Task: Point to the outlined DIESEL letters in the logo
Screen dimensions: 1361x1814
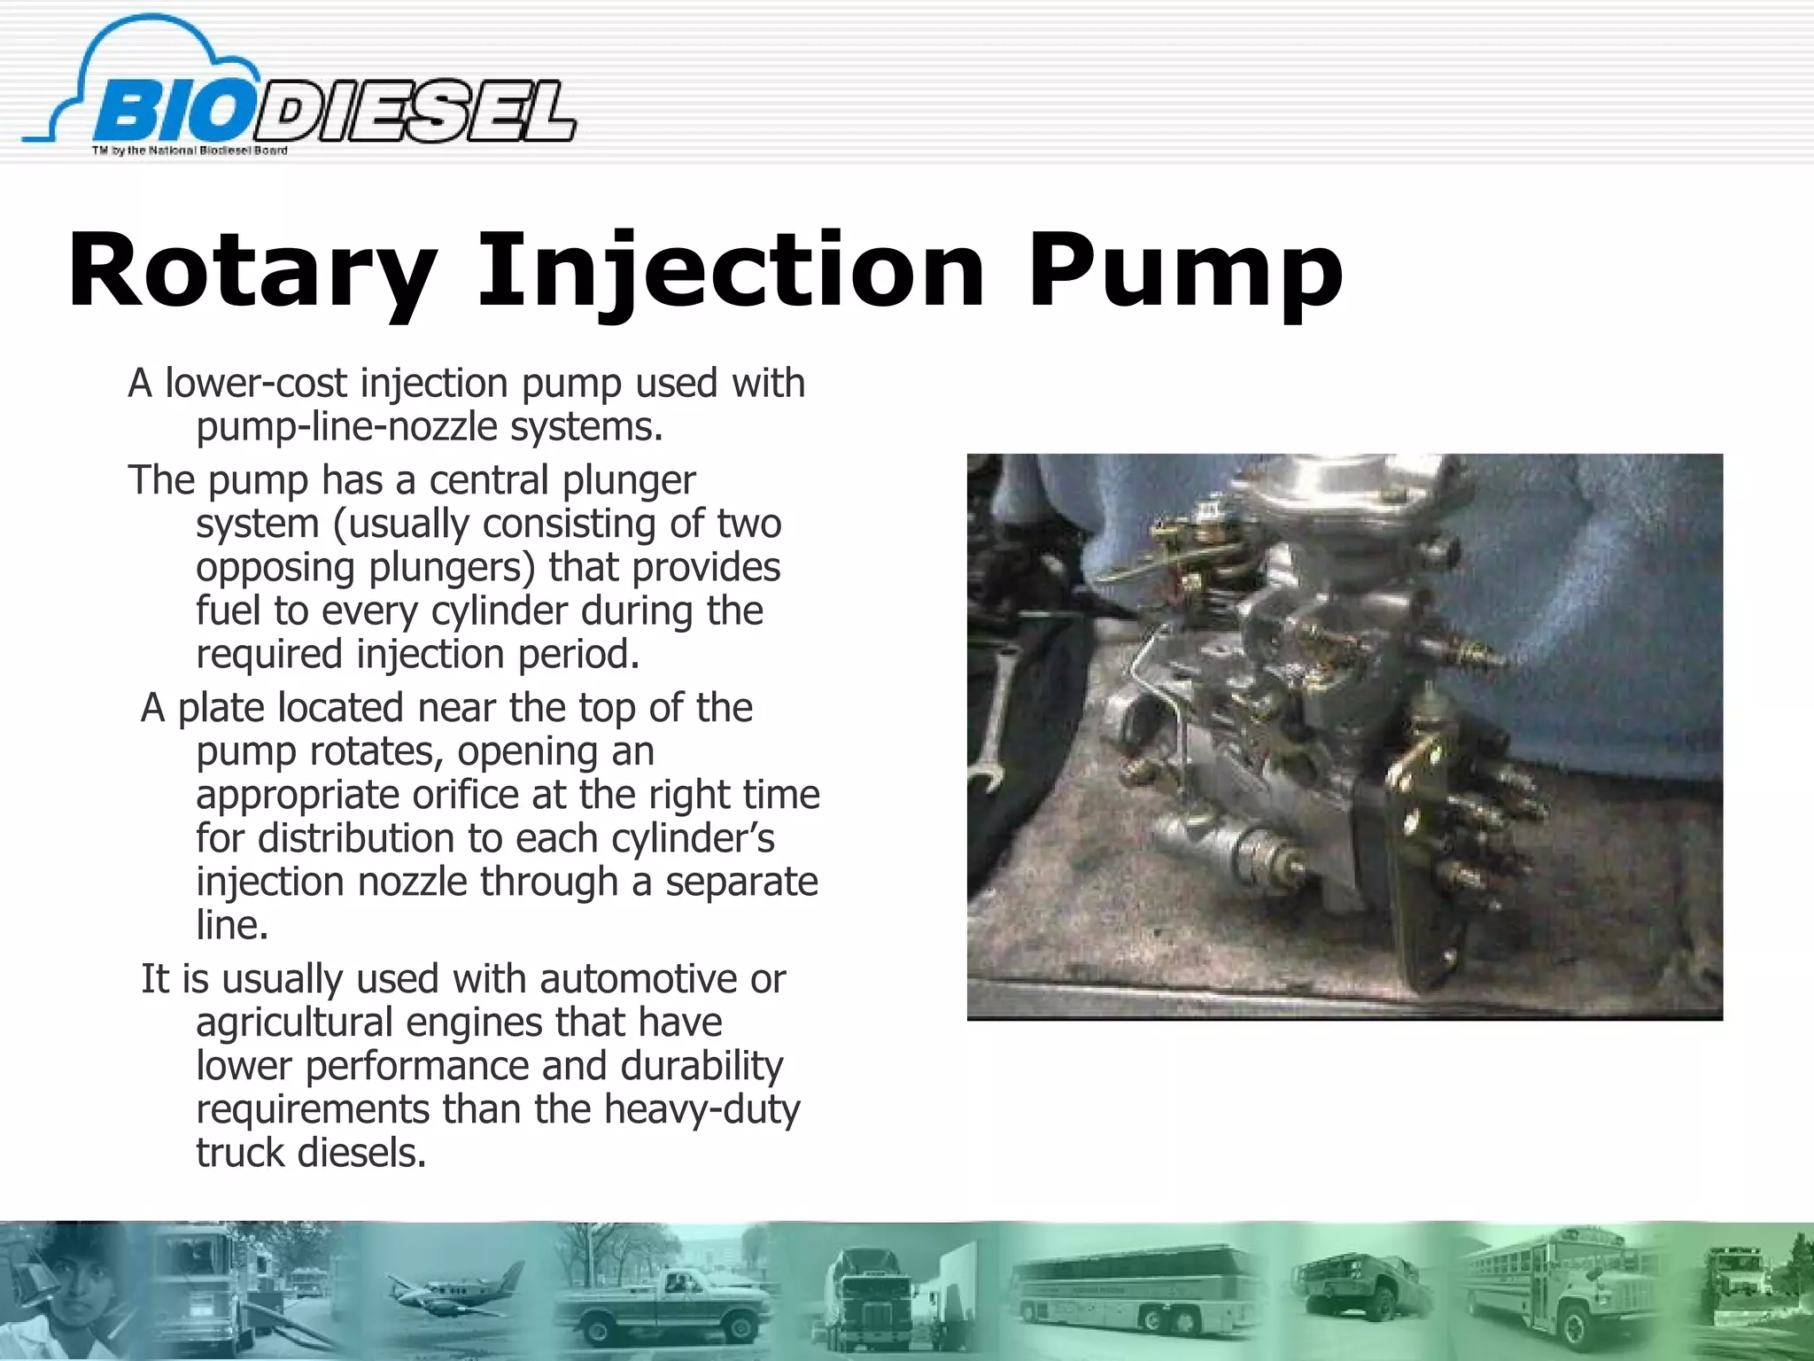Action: click(416, 113)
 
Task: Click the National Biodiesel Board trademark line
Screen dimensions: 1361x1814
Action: click(190, 151)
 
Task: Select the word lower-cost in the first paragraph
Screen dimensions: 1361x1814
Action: click(257, 384)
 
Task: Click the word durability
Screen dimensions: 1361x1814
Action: click(702, 1066)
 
